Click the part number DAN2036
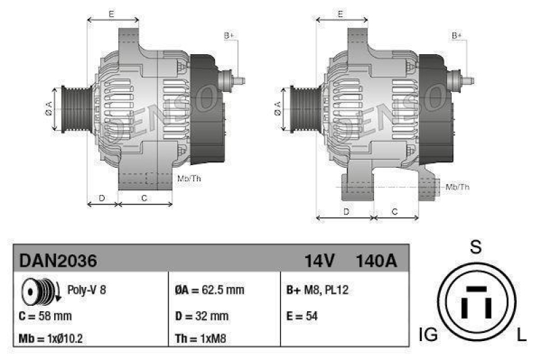[58, 261]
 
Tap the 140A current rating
[376, 261]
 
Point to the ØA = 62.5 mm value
[209, 290]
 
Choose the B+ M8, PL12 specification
[317, 290]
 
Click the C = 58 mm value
[45, 315]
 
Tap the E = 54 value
[302, 315]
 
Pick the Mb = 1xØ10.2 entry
[51, 338]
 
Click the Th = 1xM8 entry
[202, 338]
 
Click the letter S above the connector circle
[476, 248]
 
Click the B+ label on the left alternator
[229, 35]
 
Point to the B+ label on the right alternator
[457, 35]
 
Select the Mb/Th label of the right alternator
[458, 187]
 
